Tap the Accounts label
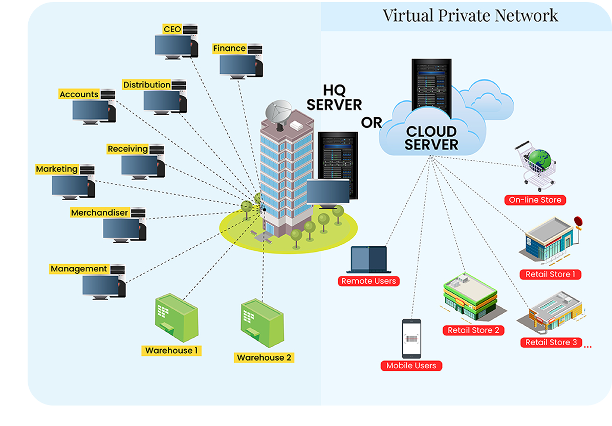coord(79,94)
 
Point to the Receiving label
coord(127,149)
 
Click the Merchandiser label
coord(99,212)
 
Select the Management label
coord(79,269)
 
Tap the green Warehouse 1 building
coord(176,321)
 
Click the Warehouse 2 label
coord(264,357)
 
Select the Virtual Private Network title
coord(470,15)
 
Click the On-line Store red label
coord(535,200)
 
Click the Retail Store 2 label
coord(473,330)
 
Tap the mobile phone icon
coord(411,339)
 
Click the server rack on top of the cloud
coord(431,87)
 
